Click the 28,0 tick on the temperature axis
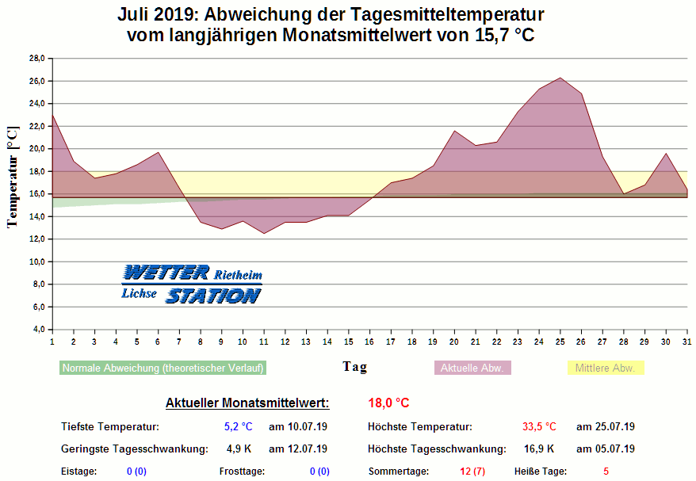coord(37,59)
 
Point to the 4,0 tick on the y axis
coord(37,330)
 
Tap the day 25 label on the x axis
coord(560,341)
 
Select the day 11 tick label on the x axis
coord(263,341)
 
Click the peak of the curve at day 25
coord(560,78)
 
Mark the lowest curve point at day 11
coord(263,233)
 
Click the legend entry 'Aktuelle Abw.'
coord(472,368)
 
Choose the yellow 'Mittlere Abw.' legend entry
coord(606,368)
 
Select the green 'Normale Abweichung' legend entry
coord(163,368)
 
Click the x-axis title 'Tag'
coord(354,367)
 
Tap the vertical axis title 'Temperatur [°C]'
coord(12,176)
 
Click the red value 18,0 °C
coord(388,403)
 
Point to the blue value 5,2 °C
coord(238,426)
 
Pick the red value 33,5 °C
coord(539,426)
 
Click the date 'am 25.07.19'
coord(606,426)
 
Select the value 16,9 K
coord(539,449)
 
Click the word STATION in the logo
coord(212,296)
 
